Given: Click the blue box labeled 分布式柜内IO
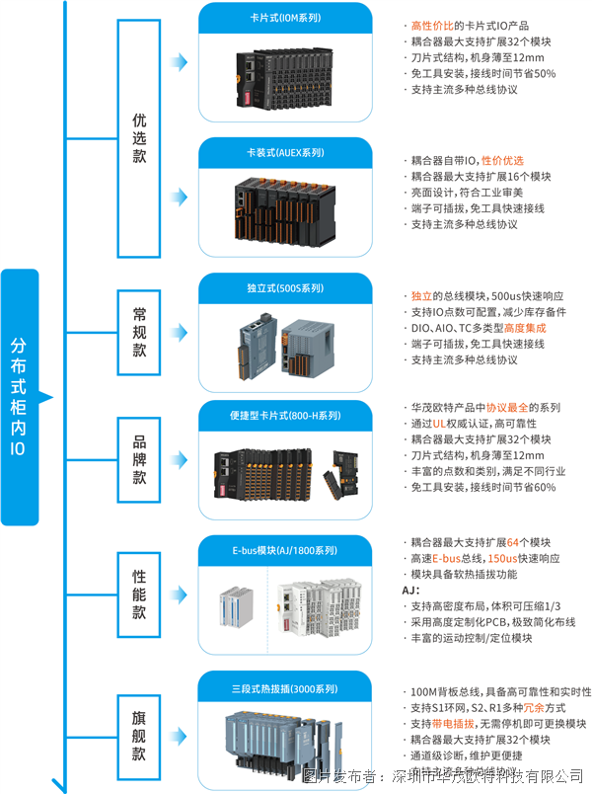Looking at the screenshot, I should coord(18,395).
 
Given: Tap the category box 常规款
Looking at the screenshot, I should coord(139,332).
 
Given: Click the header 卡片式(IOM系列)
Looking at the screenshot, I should coord(285,17).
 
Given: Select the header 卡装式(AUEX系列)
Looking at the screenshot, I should coord(285,153).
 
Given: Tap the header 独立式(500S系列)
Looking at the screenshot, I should coord(285,288).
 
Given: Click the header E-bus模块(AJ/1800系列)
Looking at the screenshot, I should coord(285,549).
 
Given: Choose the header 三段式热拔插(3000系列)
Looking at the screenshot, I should coord(285,685).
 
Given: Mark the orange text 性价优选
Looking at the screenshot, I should coord(502,161).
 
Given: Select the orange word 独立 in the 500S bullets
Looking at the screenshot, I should coord(420,296).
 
